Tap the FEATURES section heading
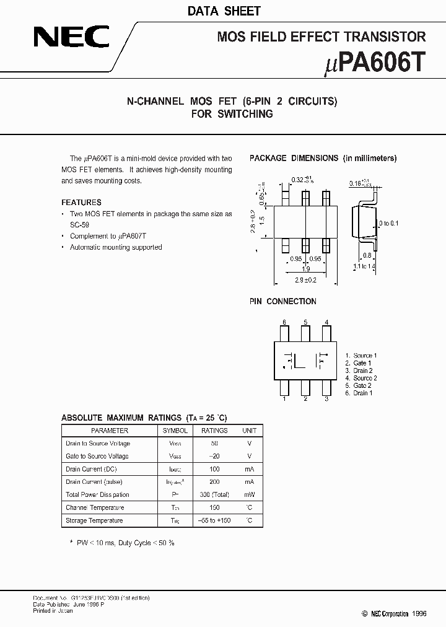click(x=81, y=203)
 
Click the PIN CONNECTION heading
click(x=282, y=301)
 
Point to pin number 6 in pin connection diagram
click(x=284, y=322)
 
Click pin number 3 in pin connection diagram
click(x=326, y=399)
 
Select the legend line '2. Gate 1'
click(x=359, y=363)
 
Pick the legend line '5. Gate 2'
click(x=359, y=385)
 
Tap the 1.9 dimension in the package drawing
click(x=305, y=269)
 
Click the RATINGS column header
click(x=215, y=431)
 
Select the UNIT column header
click(x=249, y=431)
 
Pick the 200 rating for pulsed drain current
click(x=215, y=481)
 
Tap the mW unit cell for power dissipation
click(x=249, y=494)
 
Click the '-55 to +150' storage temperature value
click(x=215, y=520)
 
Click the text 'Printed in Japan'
click(x=53, y=610)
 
